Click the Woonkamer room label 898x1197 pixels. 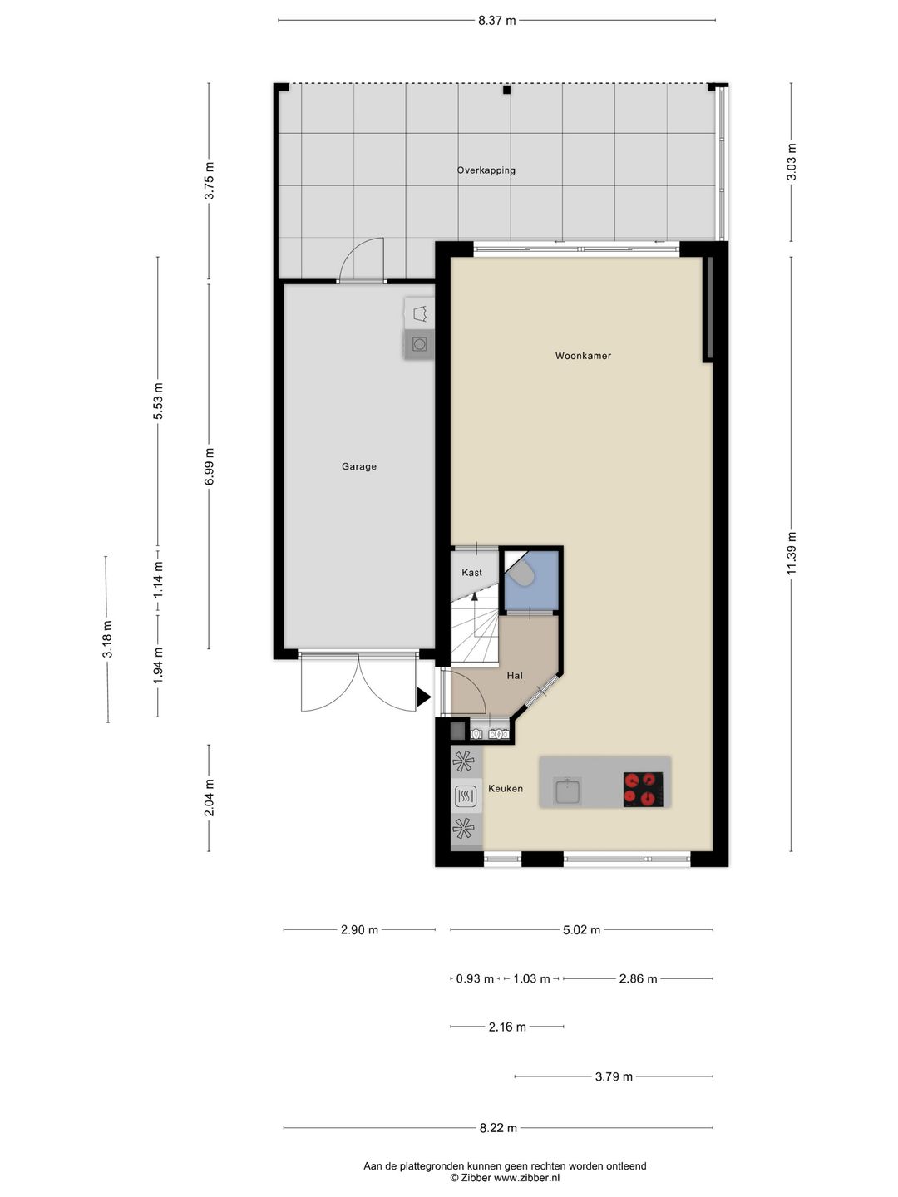(x=583, y=356)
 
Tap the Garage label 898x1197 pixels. (x=358, y=466)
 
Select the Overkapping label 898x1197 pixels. (x=486, y=170)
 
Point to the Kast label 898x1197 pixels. (x=471, y=573)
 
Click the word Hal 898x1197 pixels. (x=515, y=676)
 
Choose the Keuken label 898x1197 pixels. (x=506, y=789)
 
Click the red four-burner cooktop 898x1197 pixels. (x=644, y=789)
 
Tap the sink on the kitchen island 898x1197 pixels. (x=567, y=791)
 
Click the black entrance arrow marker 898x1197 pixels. (x=424, y=697)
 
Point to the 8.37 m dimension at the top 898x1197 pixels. (x=496, y=21)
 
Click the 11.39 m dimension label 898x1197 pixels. (x=792, y=553)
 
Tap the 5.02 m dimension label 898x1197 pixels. (x=581, y=930)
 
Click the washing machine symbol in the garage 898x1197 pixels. (x=419, y=344)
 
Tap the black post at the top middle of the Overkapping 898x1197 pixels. (x=506, y=90)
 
